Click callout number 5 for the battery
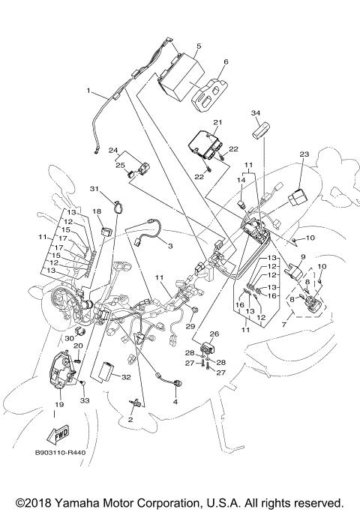click(198, 46)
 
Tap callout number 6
click(225, 62)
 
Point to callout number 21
click(217, 122)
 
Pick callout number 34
click(256, 112)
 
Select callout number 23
click(304, 154)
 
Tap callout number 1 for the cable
click(88, 91)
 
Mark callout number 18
click(97, 212)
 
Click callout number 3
click(169, 246)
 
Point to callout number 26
click(214, 334)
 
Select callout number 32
click(126, 377)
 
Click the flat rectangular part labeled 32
click(106, 370)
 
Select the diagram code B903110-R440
click(60, 454)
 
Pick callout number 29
click(191, 326)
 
